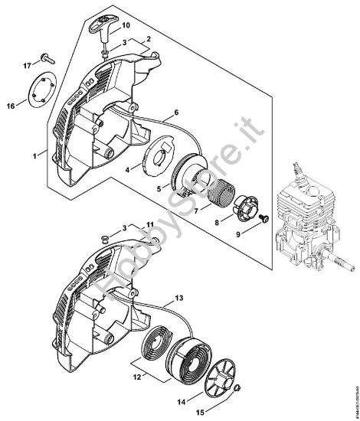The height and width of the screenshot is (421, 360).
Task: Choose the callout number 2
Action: click(148, 38)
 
